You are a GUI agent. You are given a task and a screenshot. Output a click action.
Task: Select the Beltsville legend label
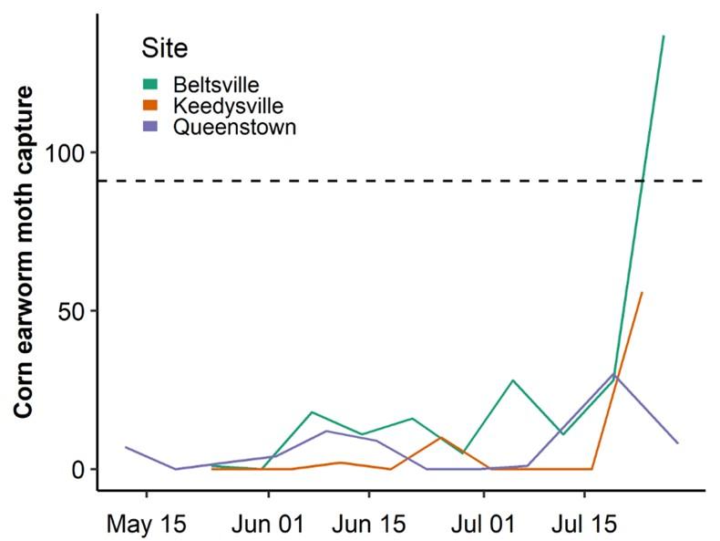coord(210,86)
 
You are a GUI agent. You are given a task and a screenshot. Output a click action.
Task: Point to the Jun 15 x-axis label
coord(368,525)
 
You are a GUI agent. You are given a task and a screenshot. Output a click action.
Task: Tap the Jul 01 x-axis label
coord(483,525)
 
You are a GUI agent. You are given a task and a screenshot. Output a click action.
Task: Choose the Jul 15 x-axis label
coord(583,525)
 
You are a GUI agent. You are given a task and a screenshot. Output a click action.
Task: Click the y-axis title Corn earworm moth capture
coord(26,253)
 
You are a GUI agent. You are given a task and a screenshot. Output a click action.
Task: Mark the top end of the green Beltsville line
coord(663,36)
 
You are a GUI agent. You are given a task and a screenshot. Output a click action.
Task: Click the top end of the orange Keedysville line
coord(643,293)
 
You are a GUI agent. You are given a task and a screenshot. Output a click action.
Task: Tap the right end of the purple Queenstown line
coord(678,442)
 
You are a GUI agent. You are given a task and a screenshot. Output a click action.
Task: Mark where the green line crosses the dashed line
coord(643,181)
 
